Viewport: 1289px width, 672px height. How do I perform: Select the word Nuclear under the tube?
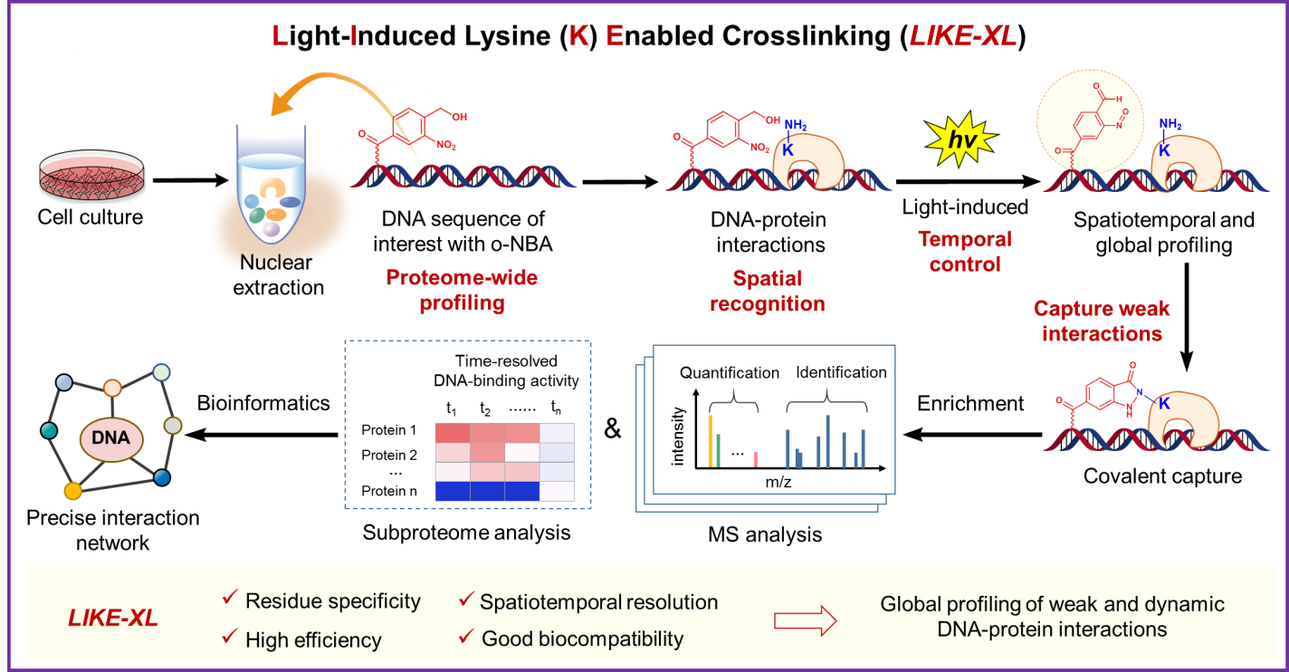[x=275, y=263]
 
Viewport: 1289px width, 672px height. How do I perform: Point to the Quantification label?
[x=730, y=372]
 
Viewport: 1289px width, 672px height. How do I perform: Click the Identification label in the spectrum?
[x=841, y=372]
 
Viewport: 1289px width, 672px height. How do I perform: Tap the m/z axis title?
[x=778, y=483]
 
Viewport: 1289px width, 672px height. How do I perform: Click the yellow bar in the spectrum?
[x=711, y=441]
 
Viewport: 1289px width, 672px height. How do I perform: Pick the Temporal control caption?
[x=965, y=252]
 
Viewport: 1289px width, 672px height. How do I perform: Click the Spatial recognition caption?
[x=768, y=291]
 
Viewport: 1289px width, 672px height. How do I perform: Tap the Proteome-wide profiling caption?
[x=462, y=290]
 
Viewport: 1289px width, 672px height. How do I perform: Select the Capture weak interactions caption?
[x=1101, y=321]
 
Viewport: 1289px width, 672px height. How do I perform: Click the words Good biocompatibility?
[x=582, y=638]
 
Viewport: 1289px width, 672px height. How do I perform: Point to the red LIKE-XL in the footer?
[x=113, y=619]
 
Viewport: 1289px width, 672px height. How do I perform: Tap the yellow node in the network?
[x=72, y=490]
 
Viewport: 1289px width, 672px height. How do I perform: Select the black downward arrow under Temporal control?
[x=1187, y=317]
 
